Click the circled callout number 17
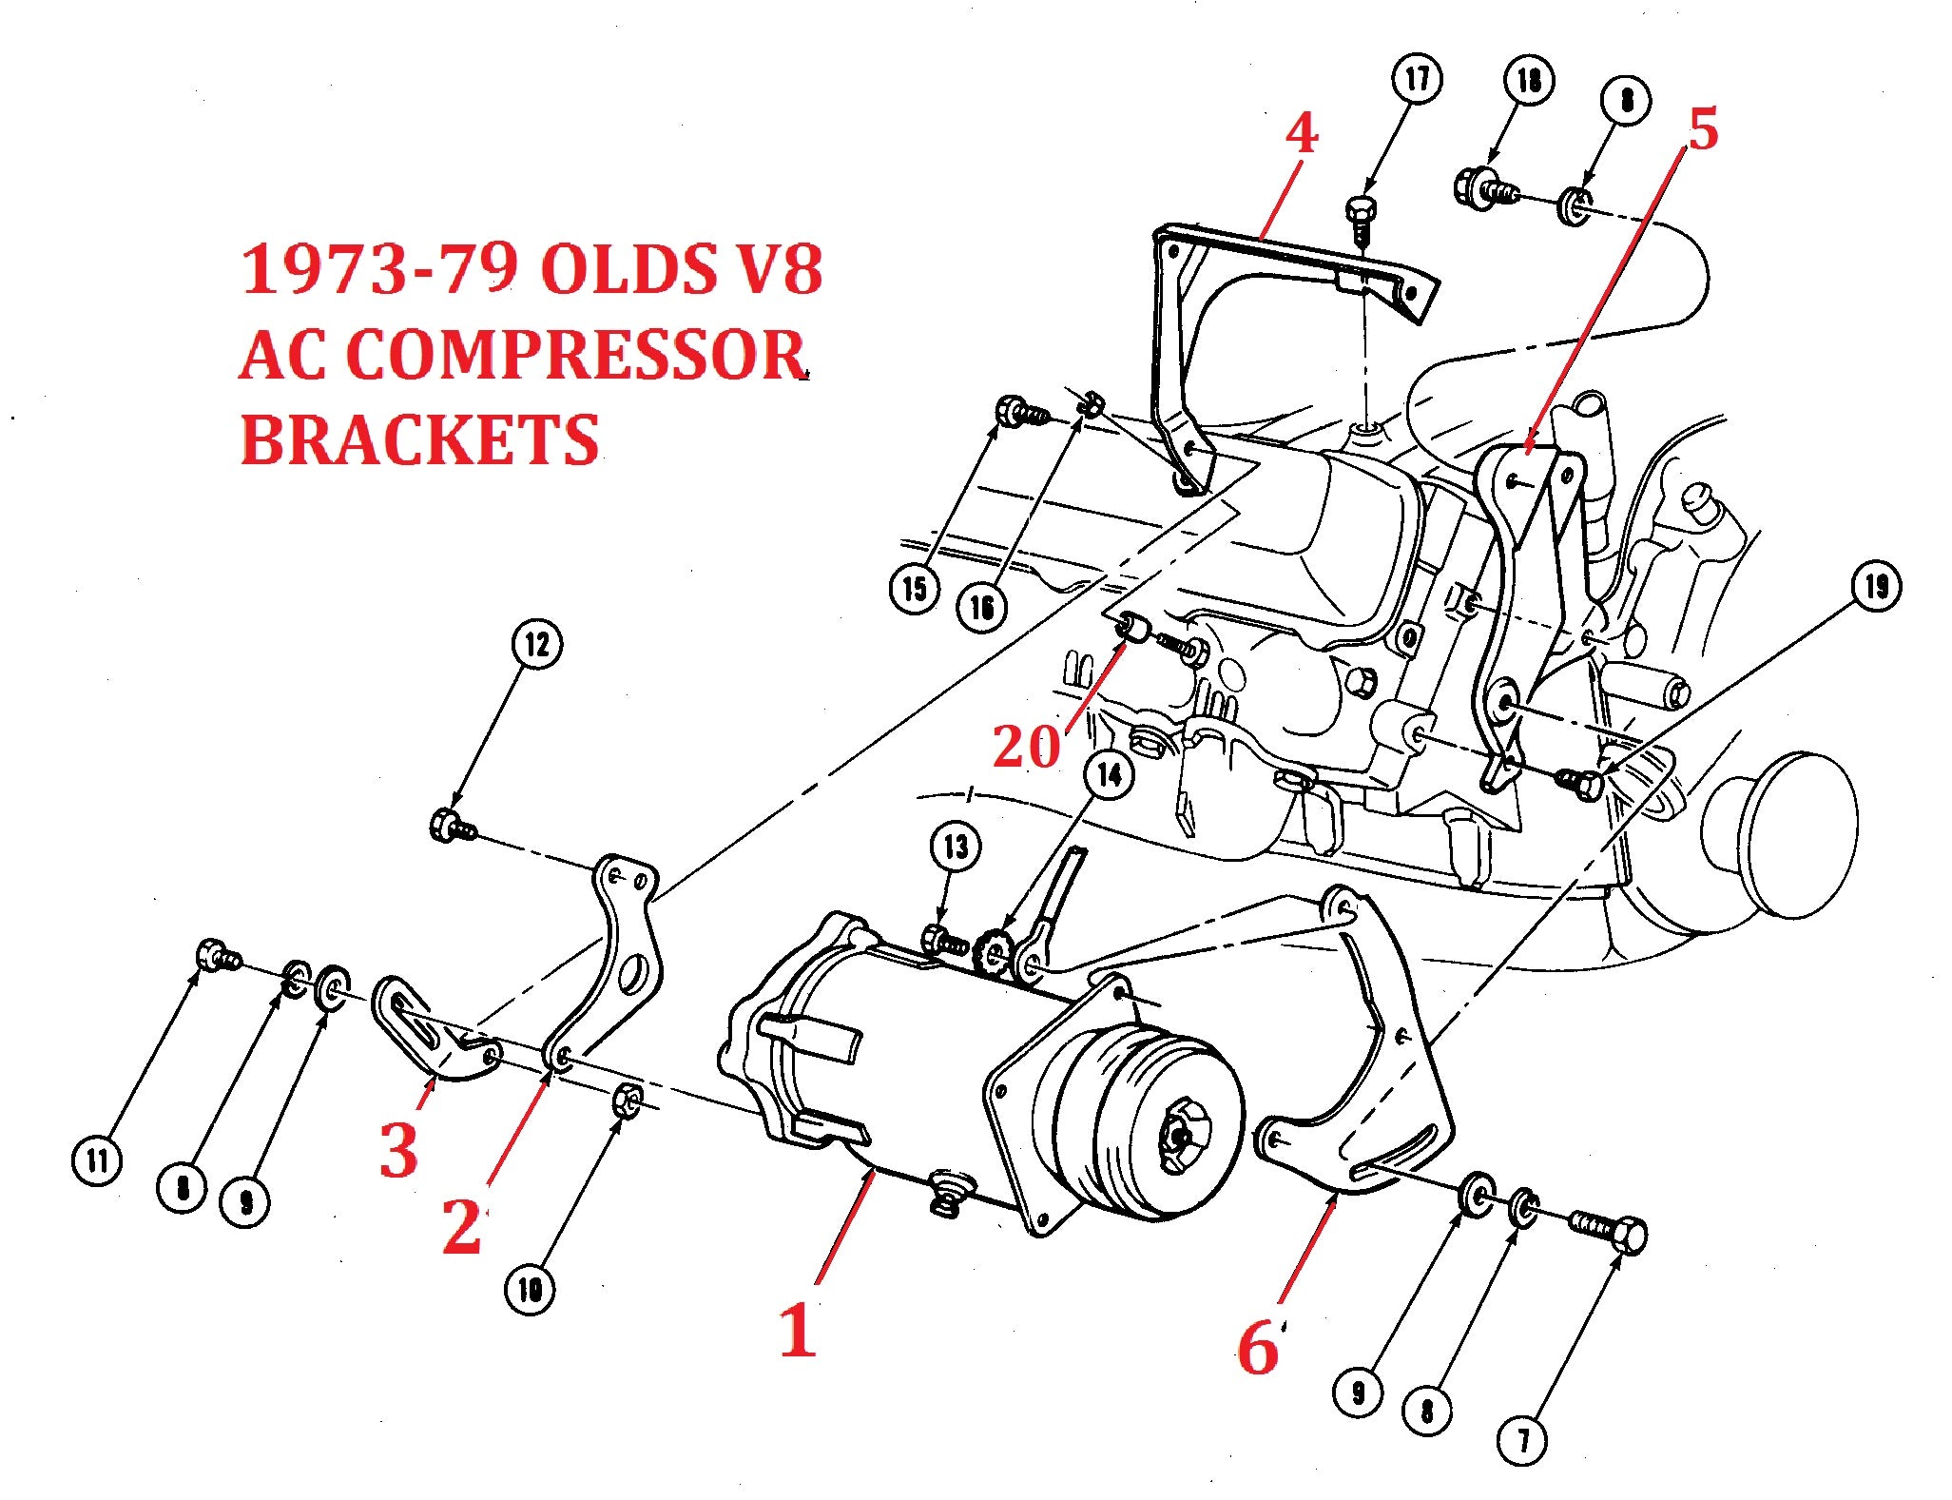(1417, 79)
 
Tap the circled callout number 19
(1876, 587)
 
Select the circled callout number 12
(537, 645)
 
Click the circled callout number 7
(1522, 1440)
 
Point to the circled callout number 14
(1110, 775)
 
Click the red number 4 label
(1302, 133)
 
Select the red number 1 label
(797, 1331)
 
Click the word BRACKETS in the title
(419, 439)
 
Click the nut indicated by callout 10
(627, 1101)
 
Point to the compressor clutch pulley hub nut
(1180, 1135)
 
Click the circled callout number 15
(915, 589)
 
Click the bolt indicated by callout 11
(216, 954)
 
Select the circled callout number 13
(956, 847)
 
